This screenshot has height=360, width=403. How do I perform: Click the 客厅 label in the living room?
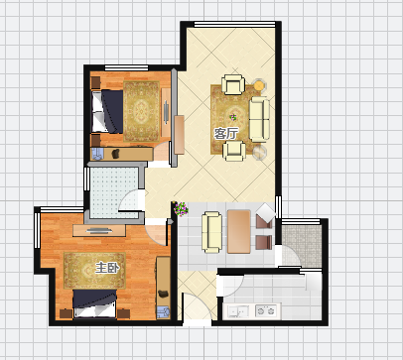pos(226,134)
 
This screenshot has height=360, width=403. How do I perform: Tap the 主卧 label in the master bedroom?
pos(107,268)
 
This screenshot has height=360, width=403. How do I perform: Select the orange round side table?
pos(259,85)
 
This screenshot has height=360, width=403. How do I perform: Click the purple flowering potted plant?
pos(181,209)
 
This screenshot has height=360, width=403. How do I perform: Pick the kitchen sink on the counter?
pos(238,311)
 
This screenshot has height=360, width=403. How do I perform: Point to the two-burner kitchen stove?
pos(266,310)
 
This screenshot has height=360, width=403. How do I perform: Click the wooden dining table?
pos(239,232)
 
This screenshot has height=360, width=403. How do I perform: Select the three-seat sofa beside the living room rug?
pos(259,119)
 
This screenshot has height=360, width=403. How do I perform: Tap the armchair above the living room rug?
pos(233,84)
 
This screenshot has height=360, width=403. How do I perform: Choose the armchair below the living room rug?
pos(234,151)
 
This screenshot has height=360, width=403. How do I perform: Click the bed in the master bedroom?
pos(95,303)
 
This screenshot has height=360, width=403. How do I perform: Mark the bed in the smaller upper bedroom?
pos(107,111)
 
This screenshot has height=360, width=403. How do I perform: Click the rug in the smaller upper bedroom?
pos(141,111)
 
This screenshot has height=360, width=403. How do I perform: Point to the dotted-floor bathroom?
pos(114,192)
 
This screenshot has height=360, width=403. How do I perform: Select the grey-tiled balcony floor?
pos(302,246)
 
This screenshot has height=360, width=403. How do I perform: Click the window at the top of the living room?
pos(234,24)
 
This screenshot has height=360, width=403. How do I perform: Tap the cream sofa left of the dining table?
pos(211,232)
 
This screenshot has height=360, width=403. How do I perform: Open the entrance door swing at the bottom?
pos(197,306)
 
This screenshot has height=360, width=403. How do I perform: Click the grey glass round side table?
pos(259,152)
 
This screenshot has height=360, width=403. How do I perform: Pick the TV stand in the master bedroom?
pos(99,230)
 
